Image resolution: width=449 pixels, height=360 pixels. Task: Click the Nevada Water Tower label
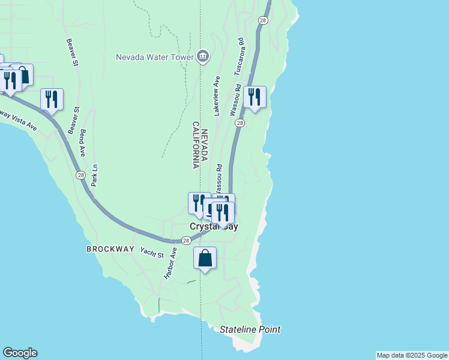(154, 58)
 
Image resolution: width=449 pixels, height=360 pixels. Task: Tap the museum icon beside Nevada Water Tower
(202, 57)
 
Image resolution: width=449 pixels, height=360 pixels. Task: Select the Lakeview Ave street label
(217, 95)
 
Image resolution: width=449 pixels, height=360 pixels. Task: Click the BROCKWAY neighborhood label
(110, 248)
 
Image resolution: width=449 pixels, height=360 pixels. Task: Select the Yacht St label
(152, 252)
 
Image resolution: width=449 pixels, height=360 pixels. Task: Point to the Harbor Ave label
(171, 265)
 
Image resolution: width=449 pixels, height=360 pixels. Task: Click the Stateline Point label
(250, 329)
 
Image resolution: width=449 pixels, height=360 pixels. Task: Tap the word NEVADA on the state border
(204, 145)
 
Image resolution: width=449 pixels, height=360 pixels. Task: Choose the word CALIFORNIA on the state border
(196, 145)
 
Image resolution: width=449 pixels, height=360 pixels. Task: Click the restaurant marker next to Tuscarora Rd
(255, 97)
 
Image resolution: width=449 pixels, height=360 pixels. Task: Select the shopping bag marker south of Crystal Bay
(205, 259)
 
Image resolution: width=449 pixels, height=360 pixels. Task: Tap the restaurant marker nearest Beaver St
(52, 100)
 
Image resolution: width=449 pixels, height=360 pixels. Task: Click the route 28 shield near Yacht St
(186, 241)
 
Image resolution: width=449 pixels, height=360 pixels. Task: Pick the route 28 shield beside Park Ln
(81, 175)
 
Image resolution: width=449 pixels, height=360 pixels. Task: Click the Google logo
(20, 353)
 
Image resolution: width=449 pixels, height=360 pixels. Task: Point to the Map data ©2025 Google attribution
(412, 355)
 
